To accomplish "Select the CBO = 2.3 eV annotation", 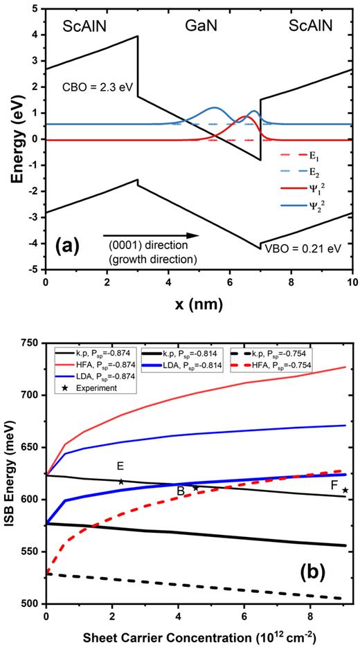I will [96, 89].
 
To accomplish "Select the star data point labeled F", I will [345, 491].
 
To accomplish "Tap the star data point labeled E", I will [121, 482].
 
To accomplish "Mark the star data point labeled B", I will [196, 488].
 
